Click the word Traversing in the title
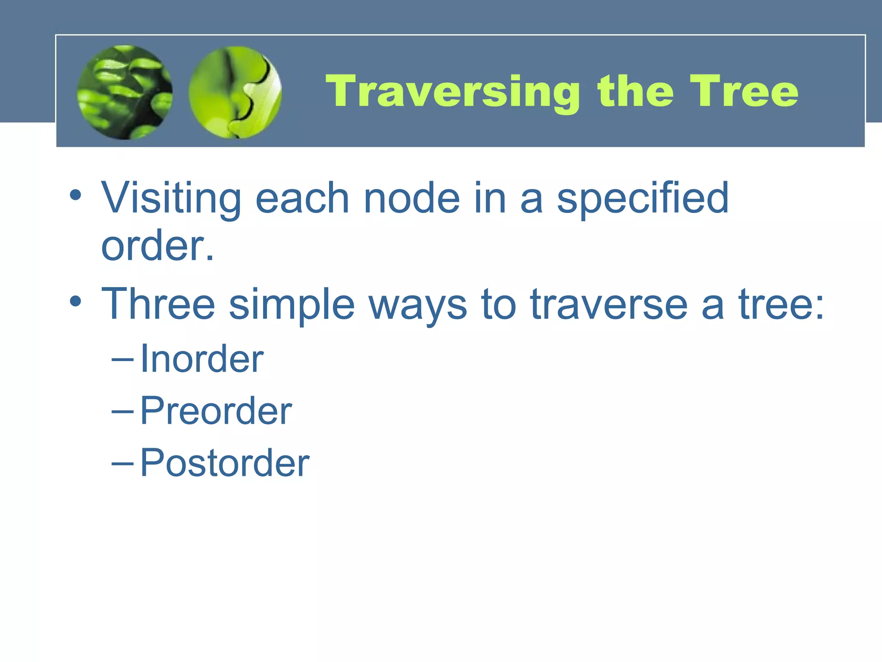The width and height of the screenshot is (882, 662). click(452, 91)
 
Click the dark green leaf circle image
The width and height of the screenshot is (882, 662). click(125, 92)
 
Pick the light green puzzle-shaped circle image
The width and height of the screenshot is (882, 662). click(235, 92)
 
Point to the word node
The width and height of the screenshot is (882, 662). click(412, 198)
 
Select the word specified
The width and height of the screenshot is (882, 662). click(643, 198)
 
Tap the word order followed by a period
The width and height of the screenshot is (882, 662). click(157, 246)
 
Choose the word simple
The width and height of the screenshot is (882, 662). click(292, 304)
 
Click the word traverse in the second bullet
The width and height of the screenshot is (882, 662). click(609, 304)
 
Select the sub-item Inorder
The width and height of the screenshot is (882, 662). click(202, 359)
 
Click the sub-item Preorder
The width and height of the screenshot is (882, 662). click(216, 411)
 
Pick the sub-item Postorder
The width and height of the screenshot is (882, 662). click(224, 463)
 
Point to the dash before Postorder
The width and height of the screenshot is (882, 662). click(122, 464)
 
